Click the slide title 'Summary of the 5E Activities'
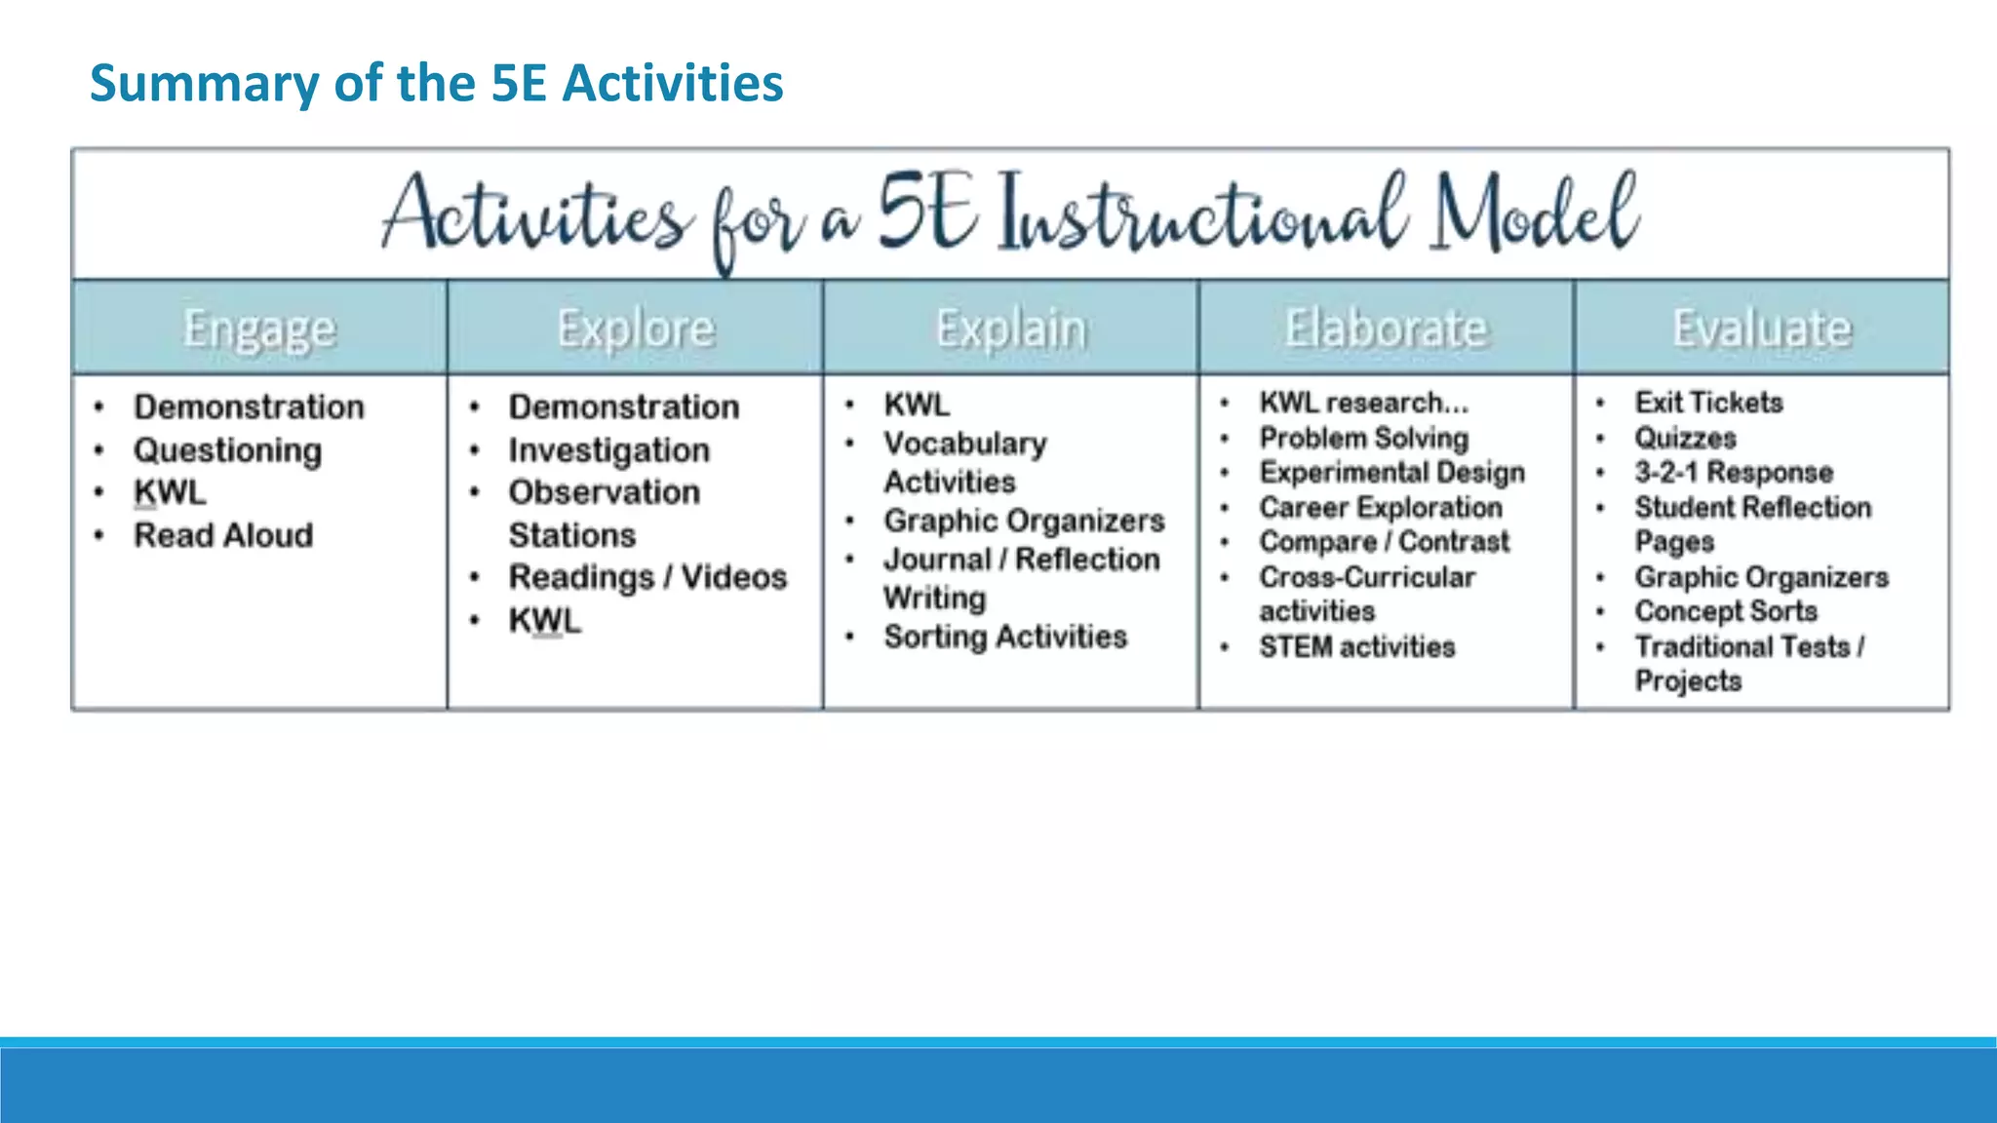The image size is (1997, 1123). [x=436, y=83]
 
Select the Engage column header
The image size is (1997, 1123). [x=259, y=329]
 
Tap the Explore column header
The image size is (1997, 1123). [x=636, y=329]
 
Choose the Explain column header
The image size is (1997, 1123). [x=1011, y=329]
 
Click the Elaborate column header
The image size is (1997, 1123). [x=1386, y=329]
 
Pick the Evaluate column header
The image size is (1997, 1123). [x=1762, y=329]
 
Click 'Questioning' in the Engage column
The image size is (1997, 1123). [x=227, y=450]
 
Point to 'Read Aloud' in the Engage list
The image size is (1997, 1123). [x=223, y=535]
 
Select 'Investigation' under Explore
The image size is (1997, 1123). [x=608, y=450]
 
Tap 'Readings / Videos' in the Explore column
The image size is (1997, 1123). [x=647, y=577]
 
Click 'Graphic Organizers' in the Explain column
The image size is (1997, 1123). [x=1024, y=521]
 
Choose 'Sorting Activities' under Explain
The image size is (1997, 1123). [x=1005, y=637]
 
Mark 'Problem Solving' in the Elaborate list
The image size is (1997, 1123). [x=1363, y=438]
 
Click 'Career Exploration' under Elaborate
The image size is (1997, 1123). [x=1381, y=507]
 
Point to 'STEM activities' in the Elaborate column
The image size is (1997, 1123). [x=1356, y=646]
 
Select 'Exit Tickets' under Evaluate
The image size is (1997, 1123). [x=1708, y=403]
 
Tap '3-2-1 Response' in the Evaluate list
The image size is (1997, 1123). [x=1734, y=472]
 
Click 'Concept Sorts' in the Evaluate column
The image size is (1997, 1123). [x=1726, y=611]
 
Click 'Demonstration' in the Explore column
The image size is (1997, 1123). [x=624, y=407]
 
